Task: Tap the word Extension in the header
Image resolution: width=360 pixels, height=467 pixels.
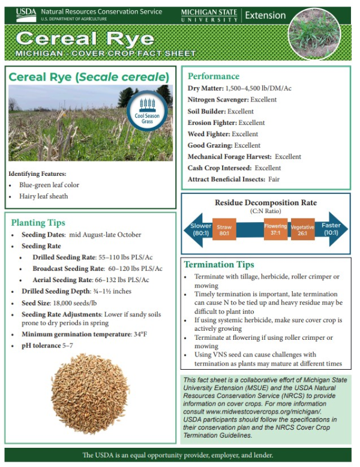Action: [265, 15]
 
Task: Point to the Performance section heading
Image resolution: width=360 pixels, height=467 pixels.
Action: [214, 76]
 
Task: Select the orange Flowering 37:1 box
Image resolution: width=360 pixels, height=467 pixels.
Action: [275, 229]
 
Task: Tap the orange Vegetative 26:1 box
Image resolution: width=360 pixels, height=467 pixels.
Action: [302, 229]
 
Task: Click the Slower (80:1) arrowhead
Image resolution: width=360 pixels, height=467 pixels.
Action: [197, 229]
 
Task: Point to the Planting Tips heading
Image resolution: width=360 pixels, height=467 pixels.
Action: [38, 223]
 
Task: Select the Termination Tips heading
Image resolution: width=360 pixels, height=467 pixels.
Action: [218, 265]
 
